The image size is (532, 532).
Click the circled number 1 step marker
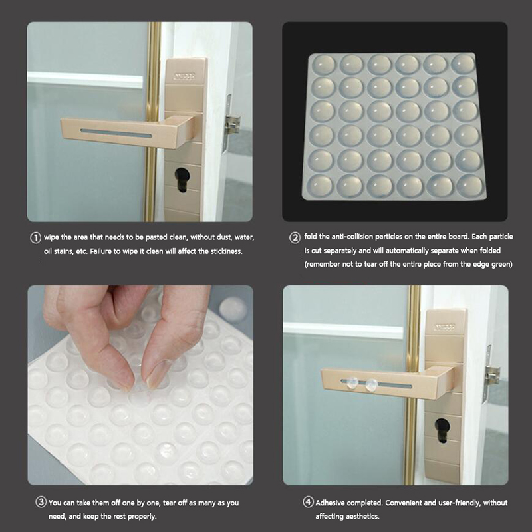click(x=36, y=237)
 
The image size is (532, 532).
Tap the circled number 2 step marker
click(x=295, y=237)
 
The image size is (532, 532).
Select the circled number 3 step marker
click(x=41, y=502)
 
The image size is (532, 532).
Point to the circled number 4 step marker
click(x=308, y=502)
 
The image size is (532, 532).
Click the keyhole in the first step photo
click(x=181, y=180)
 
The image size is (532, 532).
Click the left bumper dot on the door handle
click(x=351, y=384)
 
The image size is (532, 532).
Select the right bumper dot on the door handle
click(x=372, y=385)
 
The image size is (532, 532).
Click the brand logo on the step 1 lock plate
click(x=185, y=76)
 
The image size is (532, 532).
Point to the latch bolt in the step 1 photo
click(x=232, y=124)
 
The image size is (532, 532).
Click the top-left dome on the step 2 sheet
click(x=323, y=65)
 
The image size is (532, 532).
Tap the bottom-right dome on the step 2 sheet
click(x=469, y=186)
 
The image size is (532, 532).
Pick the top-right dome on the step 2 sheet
click(x=462, y=63)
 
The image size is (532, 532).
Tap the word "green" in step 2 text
click(x=503, y=264)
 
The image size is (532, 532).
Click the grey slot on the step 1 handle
click(x=116, y=133)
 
